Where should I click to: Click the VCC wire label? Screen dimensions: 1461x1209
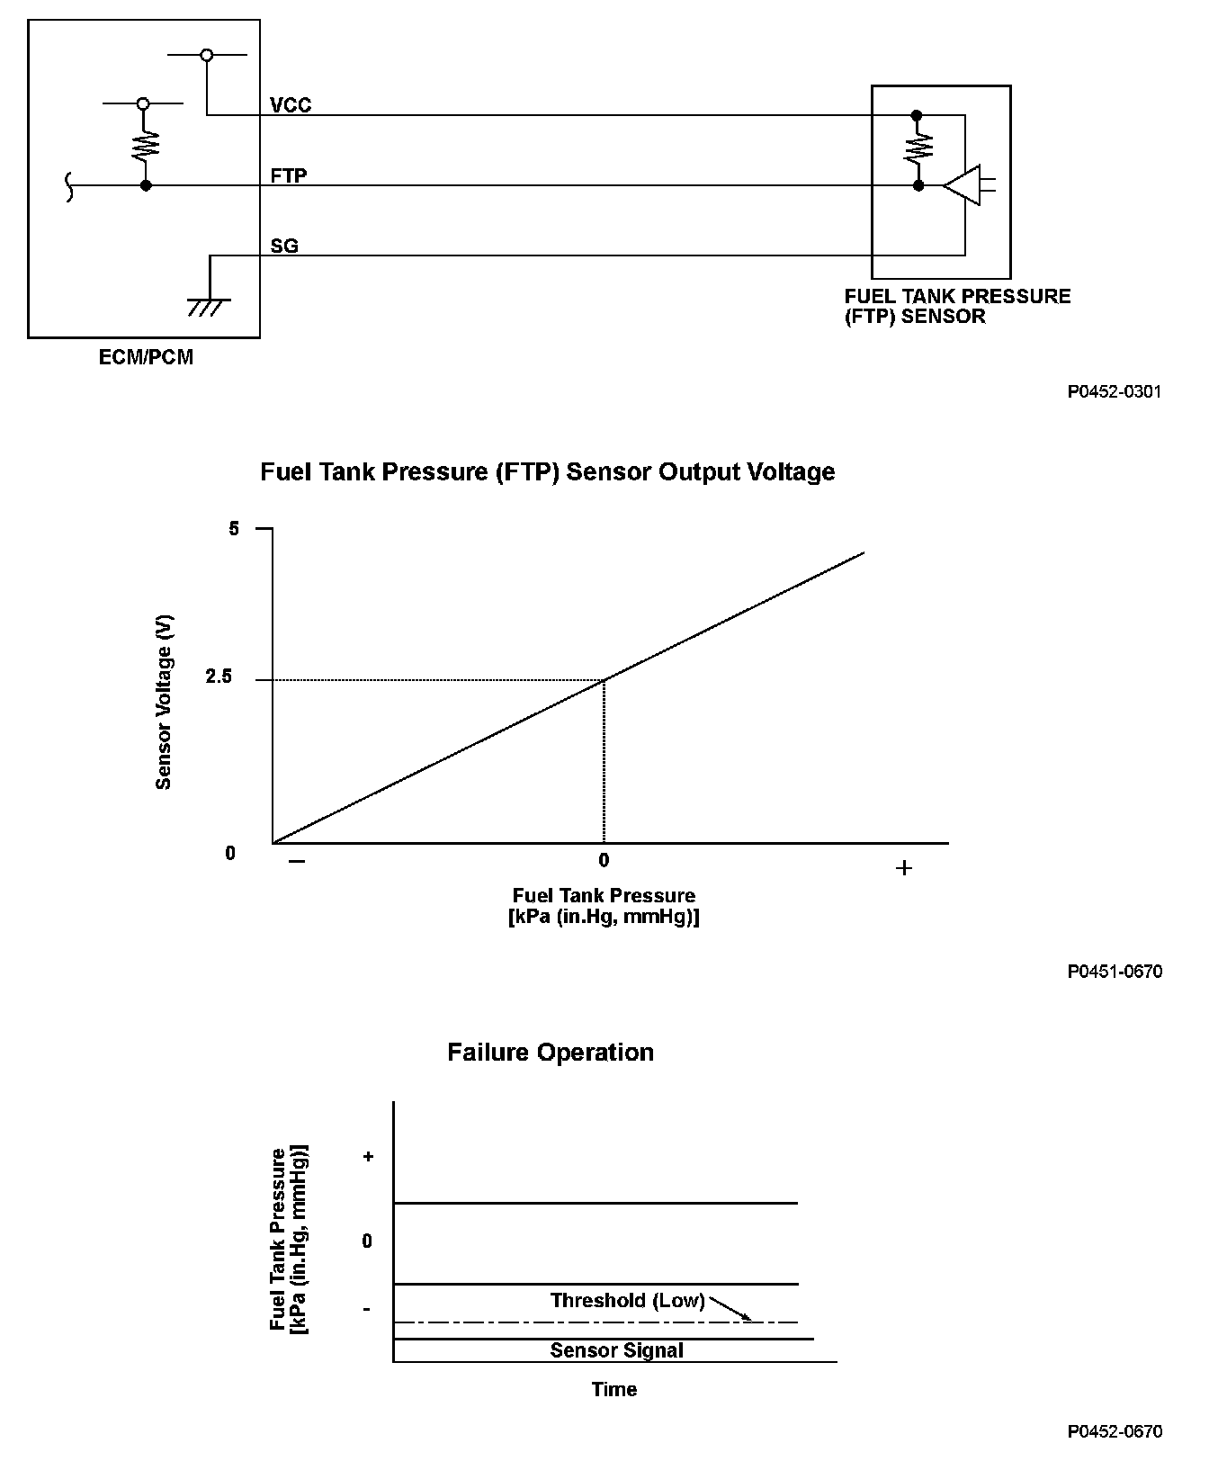291,105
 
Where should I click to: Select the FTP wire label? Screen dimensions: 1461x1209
289,175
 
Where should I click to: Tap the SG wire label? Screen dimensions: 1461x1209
284,245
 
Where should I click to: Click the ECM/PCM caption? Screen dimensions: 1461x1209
146,357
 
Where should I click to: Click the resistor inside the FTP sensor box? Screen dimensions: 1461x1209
918,149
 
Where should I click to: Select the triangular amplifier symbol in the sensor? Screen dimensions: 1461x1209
963,185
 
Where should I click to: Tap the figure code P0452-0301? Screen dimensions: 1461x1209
1115,392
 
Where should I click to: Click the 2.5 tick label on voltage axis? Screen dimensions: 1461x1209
219,677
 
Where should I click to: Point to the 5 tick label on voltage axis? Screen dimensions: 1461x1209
235,529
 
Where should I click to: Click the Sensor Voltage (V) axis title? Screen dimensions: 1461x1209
164,703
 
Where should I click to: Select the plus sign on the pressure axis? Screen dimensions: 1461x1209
904,868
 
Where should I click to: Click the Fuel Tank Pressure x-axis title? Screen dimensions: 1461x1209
604,906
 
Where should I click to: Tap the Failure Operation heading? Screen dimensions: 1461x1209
551,1053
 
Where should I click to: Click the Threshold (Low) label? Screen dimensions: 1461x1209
627,1301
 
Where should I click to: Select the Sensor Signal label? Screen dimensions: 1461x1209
616,1350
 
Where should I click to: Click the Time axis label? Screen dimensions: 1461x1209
614,1389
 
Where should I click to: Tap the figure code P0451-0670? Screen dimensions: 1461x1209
1115,972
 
